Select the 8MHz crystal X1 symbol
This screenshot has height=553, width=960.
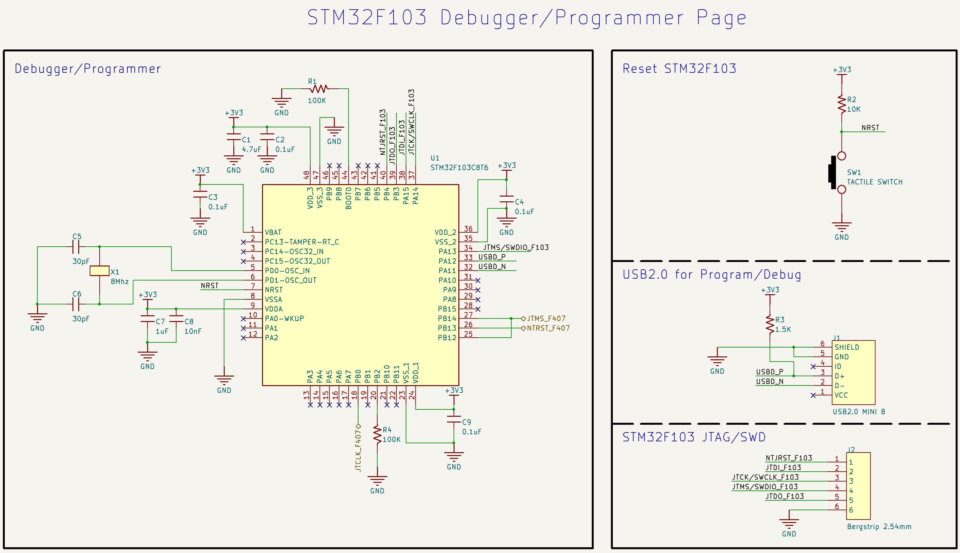coord(100,271)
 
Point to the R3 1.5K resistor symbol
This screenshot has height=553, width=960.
coord(770,324)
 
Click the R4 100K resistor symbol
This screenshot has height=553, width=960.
coord(377,435)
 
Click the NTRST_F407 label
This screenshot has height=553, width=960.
coord(548,328)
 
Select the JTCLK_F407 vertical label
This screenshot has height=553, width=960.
coord(358,451)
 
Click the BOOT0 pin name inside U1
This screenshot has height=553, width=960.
coord(348,198)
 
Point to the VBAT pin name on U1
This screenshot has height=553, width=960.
coord(273,232)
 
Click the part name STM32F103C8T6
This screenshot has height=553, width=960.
coord(459,168)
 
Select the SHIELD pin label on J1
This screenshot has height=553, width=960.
coord(846,347)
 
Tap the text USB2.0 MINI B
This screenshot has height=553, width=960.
coord(859,412)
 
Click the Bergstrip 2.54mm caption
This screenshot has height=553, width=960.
coord(879,527)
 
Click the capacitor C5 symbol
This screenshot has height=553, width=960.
coord(76,247)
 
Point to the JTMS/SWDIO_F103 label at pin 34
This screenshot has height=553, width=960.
coord(516,248)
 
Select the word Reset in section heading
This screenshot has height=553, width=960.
coord(640,69)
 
